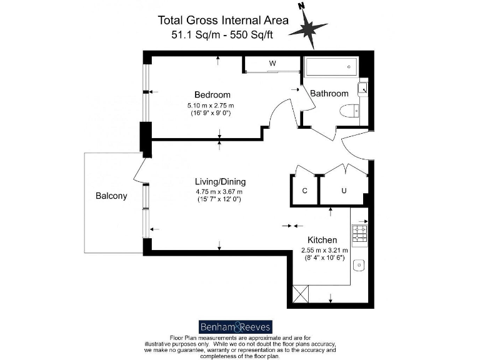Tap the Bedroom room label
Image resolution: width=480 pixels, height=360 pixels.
coord(212,95)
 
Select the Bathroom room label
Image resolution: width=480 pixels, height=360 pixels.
coord(329,94)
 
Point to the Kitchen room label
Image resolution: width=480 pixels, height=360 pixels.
coord(322,240)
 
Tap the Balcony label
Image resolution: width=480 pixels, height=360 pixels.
coord(111,196)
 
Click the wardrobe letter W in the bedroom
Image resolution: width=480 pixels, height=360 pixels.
coord(272,64)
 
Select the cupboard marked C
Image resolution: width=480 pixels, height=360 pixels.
coord(304,191)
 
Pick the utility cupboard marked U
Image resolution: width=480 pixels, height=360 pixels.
coord(343,191)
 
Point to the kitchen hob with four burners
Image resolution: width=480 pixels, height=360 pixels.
coord(360,234)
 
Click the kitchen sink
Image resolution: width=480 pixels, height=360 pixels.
coord(359,266)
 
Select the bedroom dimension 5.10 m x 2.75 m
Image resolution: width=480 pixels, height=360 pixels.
coord(212,106)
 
